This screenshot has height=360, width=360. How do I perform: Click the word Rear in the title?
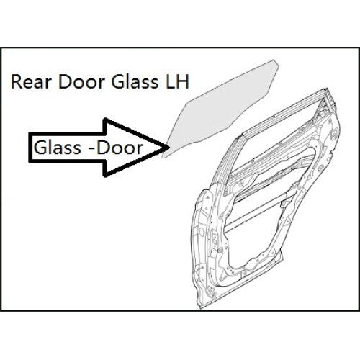[32, 82]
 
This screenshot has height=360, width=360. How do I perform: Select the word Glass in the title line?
[135, 82]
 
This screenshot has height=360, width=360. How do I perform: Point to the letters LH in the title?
[177, 82]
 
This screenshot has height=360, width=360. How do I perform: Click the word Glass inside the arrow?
[58, 147]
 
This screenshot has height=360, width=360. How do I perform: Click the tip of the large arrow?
[166, 147]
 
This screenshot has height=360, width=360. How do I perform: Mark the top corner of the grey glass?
[274, 60]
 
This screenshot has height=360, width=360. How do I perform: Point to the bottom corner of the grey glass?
[163, 157]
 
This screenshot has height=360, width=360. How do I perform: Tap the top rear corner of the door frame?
[327, 89]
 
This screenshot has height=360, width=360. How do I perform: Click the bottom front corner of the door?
[201, 308]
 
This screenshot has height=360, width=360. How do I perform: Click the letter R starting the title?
[16, 82]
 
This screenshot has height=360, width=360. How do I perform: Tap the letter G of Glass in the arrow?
[40, 147]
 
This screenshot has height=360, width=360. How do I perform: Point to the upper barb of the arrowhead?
[104, 119]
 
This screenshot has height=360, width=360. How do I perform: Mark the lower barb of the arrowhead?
[104, 176]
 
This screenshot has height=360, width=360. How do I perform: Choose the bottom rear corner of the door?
[283, 258]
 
